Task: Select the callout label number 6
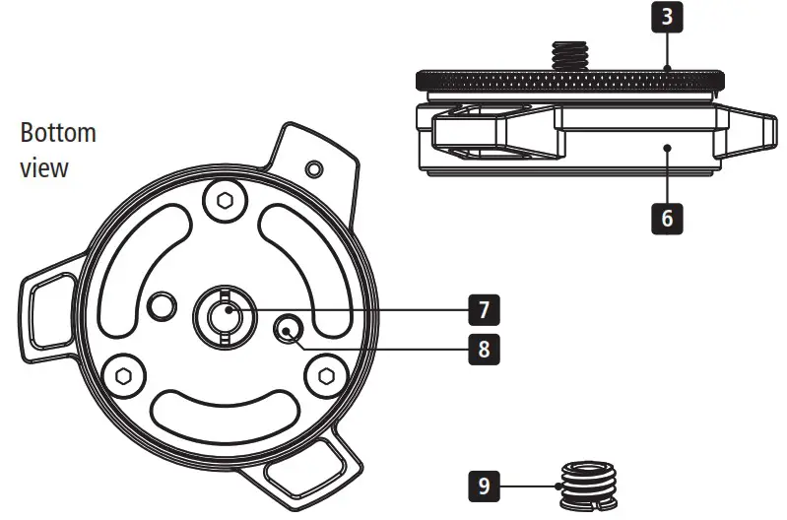(666, 216)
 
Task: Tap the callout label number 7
(483, 309)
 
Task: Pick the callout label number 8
(483, 348)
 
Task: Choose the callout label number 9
(483, 485)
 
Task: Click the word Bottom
(58, 133)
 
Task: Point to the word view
(44, 166)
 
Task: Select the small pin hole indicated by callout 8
(290, 330)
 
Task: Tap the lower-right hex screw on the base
(325, 374)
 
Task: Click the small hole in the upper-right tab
(313, 168)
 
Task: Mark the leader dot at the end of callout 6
(667, 149)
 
